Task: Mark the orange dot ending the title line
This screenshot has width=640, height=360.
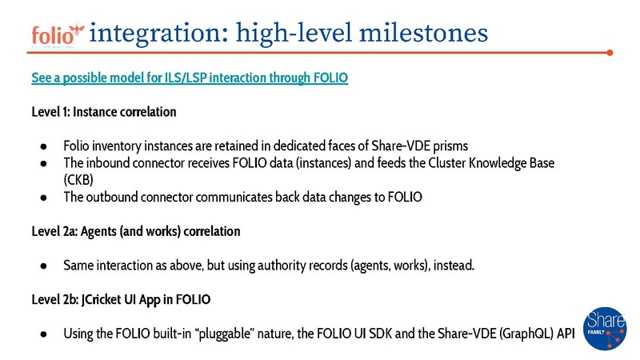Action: pos(610,53)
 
